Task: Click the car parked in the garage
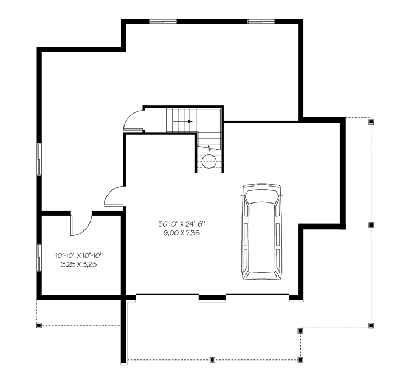262,232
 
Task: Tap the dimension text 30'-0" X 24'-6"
182,224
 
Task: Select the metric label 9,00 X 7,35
182,233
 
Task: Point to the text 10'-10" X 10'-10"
78,256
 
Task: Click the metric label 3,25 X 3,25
78,264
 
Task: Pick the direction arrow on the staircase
183,122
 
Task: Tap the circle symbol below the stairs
208,161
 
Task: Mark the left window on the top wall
163,21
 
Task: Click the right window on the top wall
261,21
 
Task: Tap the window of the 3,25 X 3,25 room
39,257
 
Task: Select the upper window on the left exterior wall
39,159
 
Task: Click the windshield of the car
262,197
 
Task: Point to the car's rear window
262,275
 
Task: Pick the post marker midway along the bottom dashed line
212,360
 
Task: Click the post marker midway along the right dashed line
371,225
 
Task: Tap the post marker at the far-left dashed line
39,325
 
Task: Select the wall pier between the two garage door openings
212,298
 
